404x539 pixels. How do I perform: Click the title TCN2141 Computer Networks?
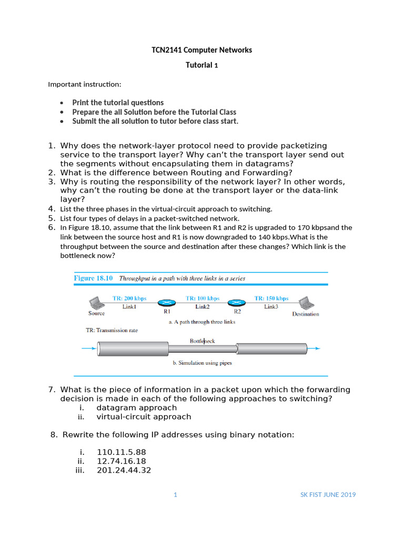(x=201, y=50)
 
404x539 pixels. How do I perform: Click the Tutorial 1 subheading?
(x=201, y=65)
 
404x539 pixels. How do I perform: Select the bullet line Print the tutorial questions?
(x=118, y=103)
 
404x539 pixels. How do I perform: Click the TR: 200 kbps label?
(x=129, y=298)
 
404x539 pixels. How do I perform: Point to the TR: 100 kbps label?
(x=203, y=298)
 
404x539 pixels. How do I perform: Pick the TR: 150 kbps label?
(x=271, y=298)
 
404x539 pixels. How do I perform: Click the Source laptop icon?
(x=96, y=303)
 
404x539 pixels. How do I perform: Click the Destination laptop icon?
(x=305, y=303)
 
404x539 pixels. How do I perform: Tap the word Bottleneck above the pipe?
(x=202, y=341)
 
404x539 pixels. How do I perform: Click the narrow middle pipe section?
(x=202, y=348)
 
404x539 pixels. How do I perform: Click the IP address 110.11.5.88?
(x=122, y=452)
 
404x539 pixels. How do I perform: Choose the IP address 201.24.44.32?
(x=124, y=470)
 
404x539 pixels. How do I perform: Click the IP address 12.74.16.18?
(x=122, y=461)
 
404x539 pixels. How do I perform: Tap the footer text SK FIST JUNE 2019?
(x=328, y=495)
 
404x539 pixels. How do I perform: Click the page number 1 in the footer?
(x=176, y=495)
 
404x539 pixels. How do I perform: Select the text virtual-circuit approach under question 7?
(x=144, y=416)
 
